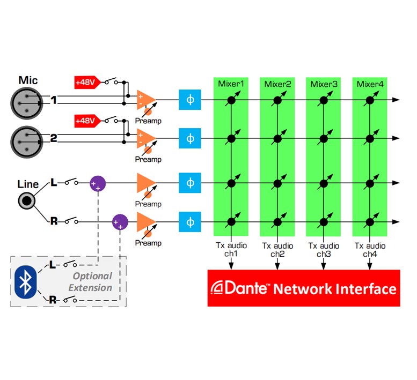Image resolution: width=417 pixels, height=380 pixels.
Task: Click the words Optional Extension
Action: tap(92, 282)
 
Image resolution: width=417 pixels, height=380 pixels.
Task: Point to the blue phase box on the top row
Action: tap(189, 100)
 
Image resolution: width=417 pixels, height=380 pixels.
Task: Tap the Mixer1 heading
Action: tap(231, 84)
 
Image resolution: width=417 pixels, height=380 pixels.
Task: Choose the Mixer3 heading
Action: tap(324, 84)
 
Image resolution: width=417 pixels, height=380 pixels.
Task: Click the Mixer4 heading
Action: tap(370, 84)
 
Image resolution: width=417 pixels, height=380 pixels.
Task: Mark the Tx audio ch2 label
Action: tap(277, 250)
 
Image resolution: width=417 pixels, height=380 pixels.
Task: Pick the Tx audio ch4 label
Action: tap(370, 250)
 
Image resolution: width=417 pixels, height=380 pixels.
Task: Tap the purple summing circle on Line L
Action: tap(98, 183)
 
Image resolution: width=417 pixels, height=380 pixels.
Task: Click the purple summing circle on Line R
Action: tap(120, 222)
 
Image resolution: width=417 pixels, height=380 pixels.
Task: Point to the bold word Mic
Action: tap(28, 80)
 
